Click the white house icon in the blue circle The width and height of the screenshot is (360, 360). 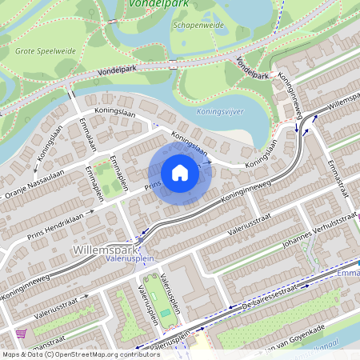(x=180, y=172)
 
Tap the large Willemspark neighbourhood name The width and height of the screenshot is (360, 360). (x=101, y=250)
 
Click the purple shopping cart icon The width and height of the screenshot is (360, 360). (x=21, y=334)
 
